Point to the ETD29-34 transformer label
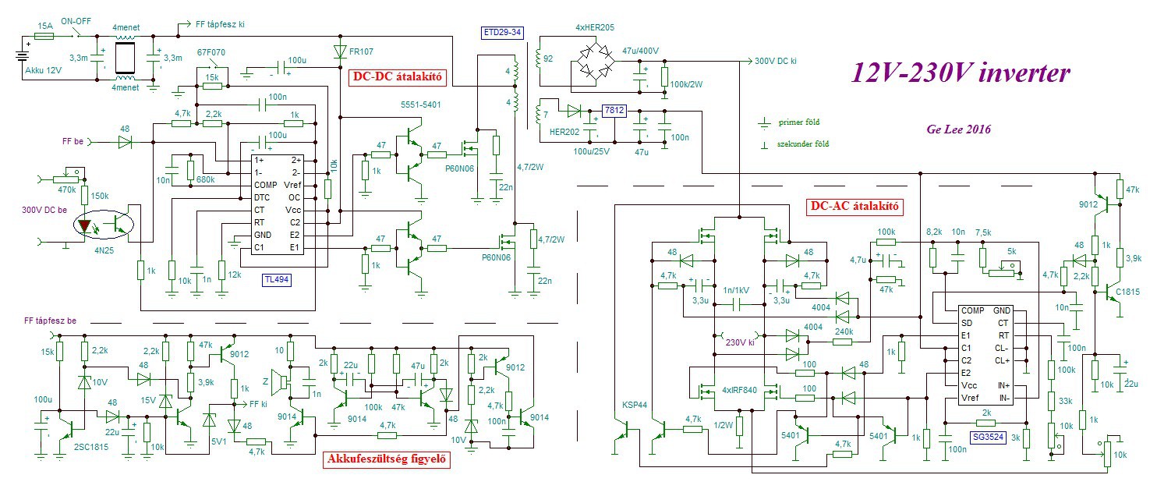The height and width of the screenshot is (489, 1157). [504, 33]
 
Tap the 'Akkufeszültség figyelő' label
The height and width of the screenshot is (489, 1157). [387, 460]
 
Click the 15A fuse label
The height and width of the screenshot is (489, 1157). [44, 26]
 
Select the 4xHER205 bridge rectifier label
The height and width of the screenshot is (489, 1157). [595, 28]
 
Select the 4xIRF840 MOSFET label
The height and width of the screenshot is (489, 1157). [737, 390]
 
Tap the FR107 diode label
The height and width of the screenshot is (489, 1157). [361, 53]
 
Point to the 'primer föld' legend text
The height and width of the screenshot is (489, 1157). [799, 122]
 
